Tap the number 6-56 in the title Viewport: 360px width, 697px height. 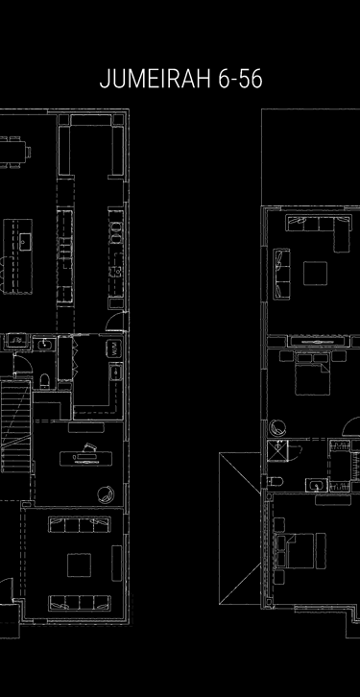tap(239, 81)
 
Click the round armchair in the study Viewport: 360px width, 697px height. tap(104, 495)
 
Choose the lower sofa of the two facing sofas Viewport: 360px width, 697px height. tap(80, 603)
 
